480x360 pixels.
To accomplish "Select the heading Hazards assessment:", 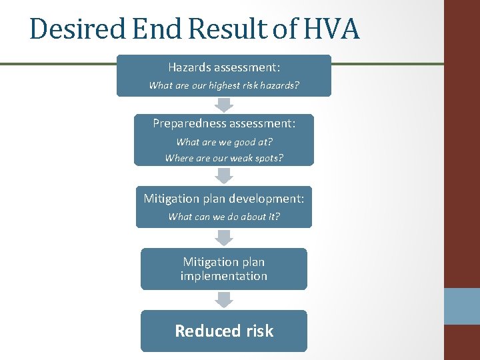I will (223, 67).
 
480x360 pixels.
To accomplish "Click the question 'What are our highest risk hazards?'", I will (223, 85).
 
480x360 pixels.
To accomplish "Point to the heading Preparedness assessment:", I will (223, 123).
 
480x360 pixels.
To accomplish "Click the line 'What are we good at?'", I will (224, 141).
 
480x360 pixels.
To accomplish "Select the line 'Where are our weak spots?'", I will (224, 158).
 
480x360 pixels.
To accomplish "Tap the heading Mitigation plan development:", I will (223, 198).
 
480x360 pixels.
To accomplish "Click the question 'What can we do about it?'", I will (224, 216).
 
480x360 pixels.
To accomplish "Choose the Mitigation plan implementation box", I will (223, 269).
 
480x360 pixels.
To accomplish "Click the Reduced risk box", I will (223, 331).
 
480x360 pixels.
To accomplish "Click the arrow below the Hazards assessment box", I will (224, 105).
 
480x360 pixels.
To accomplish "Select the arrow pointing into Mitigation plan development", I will (224, 175).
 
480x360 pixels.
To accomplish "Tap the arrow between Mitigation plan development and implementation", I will (224, 237).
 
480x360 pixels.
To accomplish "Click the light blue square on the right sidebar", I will (462, 306).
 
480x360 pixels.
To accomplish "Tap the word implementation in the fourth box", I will (223, 276).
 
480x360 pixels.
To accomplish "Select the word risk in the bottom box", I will (258, 331).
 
